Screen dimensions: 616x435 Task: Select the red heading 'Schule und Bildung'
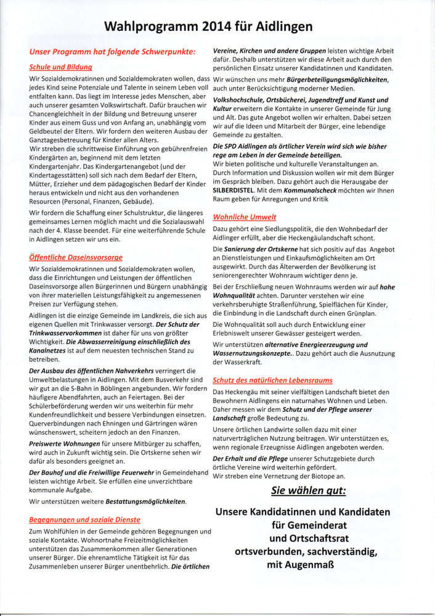tap(60, 66)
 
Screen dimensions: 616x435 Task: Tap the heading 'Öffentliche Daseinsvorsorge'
tap(76, 257)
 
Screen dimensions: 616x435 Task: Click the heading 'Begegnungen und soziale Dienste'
tap(84, 519)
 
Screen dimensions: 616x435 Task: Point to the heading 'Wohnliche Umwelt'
tap(245, 217)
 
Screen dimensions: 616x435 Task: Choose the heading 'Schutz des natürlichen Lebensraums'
tap(272, 380)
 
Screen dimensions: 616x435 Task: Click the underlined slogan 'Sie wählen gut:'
tap(309, 491)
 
